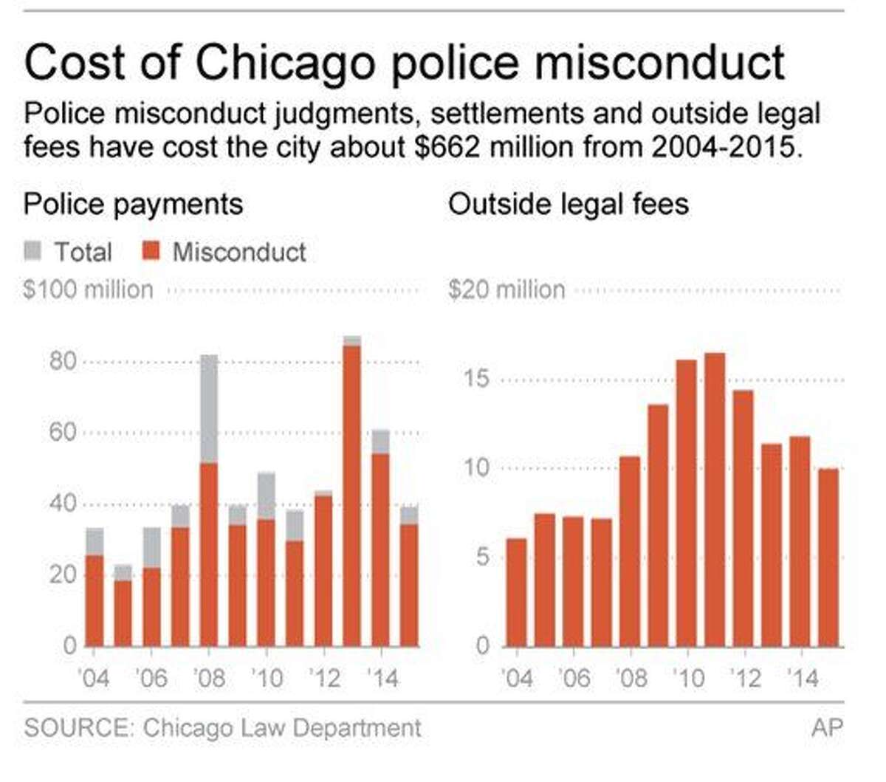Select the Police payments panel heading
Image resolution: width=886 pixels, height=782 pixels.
(x=133, y=205)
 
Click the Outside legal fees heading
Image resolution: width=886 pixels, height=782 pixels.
(x=568, y=205)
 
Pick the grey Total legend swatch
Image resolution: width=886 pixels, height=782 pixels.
(x=33, y=252)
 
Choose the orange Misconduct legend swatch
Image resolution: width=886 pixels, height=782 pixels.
(x=151, y=252)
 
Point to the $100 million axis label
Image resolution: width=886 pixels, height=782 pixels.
(x=88, y=289)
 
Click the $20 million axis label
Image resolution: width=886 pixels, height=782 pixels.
(x=506, y=289)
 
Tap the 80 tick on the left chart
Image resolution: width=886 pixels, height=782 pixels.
(x=63, y=361)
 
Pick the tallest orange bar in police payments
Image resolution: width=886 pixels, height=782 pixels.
(x=352, y=495)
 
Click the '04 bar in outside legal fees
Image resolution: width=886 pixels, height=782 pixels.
(x=516, y=592)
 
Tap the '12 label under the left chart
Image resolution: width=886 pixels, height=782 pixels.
(x=324, y=678)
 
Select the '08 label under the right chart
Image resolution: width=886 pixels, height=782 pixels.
(x=631, y=678)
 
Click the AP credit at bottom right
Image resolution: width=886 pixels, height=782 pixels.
(x=826, y=727)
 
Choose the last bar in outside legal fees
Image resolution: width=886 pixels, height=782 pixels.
(x=829, y=557)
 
